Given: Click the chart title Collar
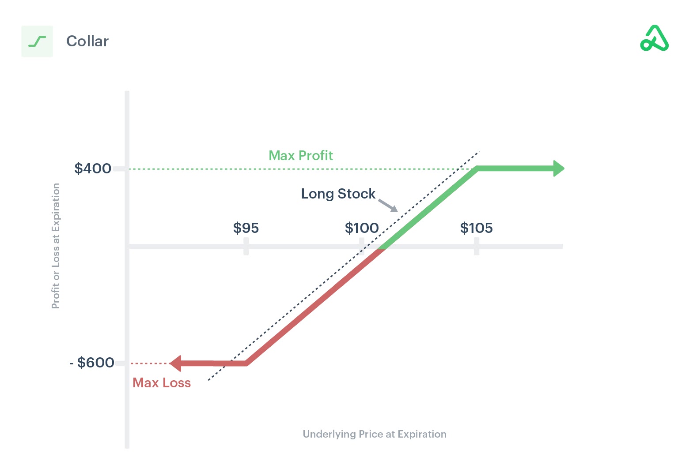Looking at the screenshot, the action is pyautogui.click(x=87, y=41).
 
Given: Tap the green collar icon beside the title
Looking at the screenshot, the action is pyautogui.click(x=37, y=41).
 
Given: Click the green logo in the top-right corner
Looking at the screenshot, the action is pyautogui.click(x=654, y=38).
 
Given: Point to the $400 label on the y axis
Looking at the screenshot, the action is pyautogui.click(x=93, y=169).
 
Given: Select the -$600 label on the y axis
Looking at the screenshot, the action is pyautogui.click(x=92, y=363).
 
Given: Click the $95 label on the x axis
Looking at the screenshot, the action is pyautogui.click(x=246, y=228).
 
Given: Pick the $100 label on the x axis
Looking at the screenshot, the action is pyautogui.click(x=361, y=228).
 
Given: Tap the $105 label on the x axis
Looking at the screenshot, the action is pyautogui.click(x=476, y=228).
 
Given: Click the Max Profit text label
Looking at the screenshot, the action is pyautogui.click(x=300, y=155).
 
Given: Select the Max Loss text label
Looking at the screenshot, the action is pyautogui.click(x=162, y=383).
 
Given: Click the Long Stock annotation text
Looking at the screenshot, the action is pyautogui.click(x=338, y=194).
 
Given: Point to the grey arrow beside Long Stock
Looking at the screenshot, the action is pyautogui.click(x=388, y=206).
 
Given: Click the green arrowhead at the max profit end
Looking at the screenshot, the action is pyautogui.click(x=559, y=169).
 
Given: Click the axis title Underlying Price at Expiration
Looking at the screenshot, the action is pyautogui.click(x=375, y=434).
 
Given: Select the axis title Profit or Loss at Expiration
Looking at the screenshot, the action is pyautogui.click(x=56, y=246).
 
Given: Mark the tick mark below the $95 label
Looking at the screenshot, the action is pyautogui.click(x=246, y=247).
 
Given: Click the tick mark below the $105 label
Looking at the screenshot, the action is pyautogui.click(x=477, y=247).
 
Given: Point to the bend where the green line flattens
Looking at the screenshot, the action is pyautogui.click(x=477, y=169).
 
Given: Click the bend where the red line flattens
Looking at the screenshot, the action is pyautogui.click(x=246, y=363).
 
